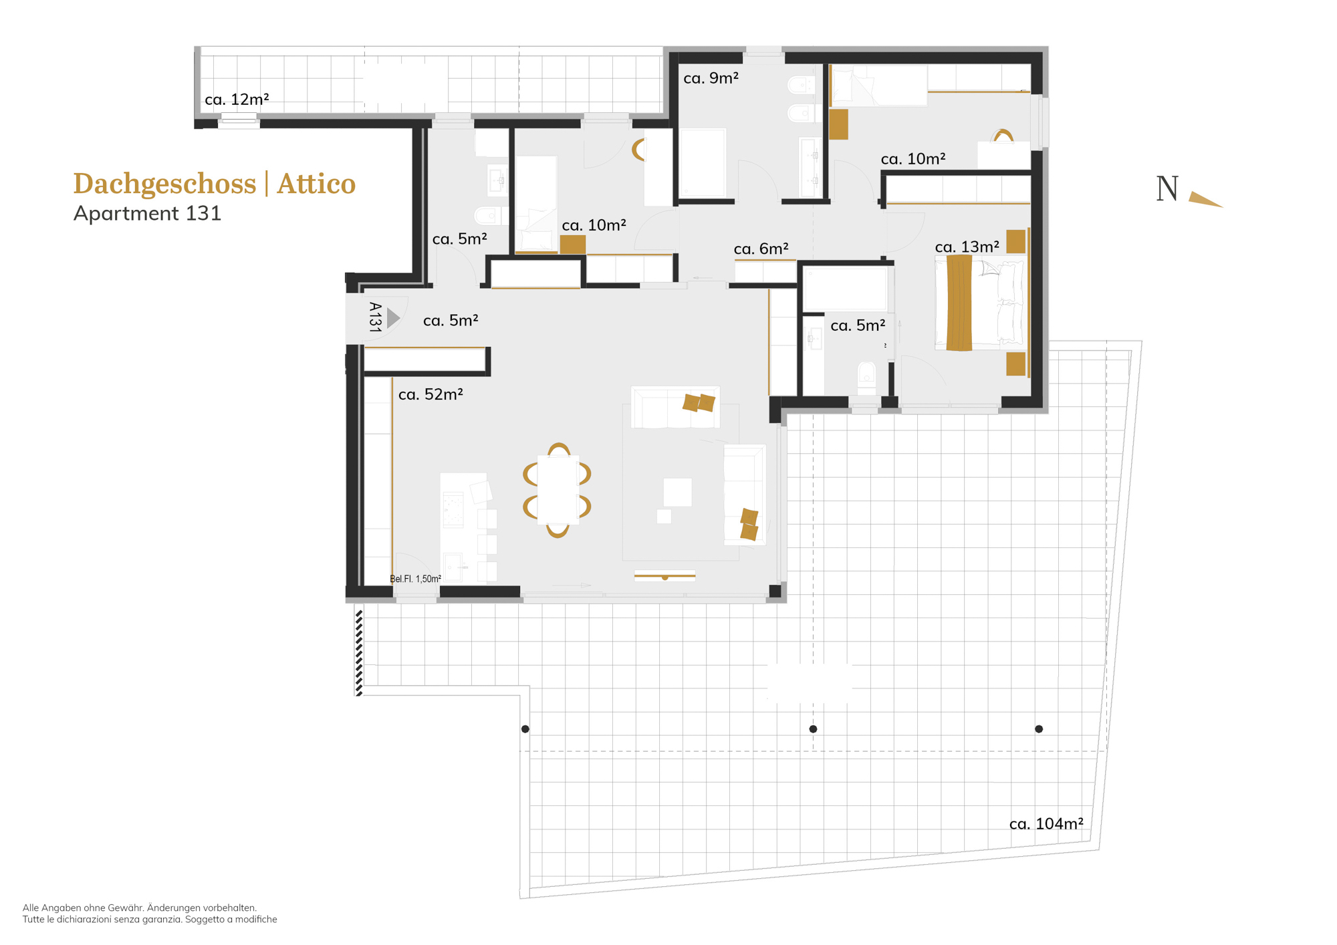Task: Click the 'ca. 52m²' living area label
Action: coord(431,394)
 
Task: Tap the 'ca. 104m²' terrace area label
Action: coord(1046,824)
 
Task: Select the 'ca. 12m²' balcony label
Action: coord(237,100)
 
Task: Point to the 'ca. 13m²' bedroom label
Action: coord(967,247)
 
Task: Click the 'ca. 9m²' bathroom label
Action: coord(711,78)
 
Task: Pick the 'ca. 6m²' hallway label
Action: coord(761,249)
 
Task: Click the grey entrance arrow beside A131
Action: coord(393,317)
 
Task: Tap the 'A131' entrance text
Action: coord(375,317)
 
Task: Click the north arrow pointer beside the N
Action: coord(1205,199)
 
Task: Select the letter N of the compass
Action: coord(1167,188)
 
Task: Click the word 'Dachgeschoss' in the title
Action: coord(164,184)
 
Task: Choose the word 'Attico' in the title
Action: coord(316,184)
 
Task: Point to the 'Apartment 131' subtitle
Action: coord(147,214)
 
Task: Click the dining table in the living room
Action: coord(558,489)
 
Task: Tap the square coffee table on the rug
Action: coord(677,492)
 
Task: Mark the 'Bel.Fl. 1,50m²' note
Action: coord(415,579)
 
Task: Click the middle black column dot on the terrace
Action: coord(813,728)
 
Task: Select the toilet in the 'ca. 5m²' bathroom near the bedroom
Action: coord(866,378)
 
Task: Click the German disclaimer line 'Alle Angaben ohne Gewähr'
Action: coord(140,908)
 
